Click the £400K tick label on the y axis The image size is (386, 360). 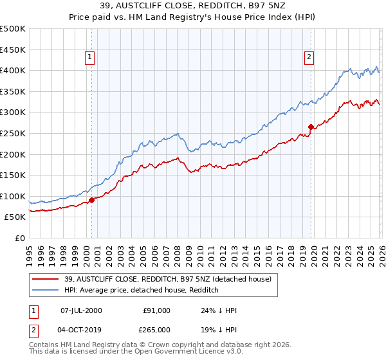pyautogui.click(x=13, y=71)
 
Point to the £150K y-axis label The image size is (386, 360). pyautogui.click(x=13, y=175)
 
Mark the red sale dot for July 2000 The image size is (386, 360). pyautogui.click(x=91, y=200)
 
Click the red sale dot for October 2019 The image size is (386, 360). pyautogui.click(x=311, y=127)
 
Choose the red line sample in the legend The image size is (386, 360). pyautogui.click(x=46, y=279)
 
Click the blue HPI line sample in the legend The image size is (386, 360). pyautogui.click(x=46, y=290)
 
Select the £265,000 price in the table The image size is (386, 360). pyautogui.click(x=157, y=329)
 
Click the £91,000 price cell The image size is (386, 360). pyautogui.click(x=157, y=310)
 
